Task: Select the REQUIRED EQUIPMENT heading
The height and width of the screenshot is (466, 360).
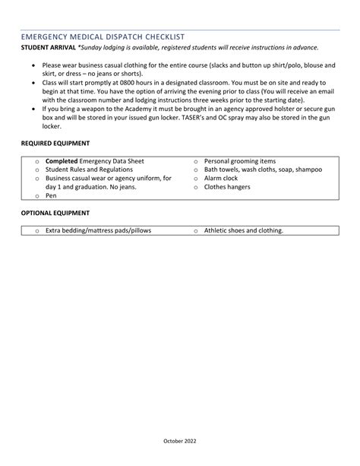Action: click(55, 143)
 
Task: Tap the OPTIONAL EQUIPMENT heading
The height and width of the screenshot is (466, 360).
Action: click(55, 213)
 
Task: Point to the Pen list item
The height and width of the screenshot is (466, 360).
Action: click(51, 195)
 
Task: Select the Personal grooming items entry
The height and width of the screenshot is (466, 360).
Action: click(240, 161)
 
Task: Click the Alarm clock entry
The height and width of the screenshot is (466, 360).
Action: click(221, 178)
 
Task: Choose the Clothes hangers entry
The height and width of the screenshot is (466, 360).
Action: click(227, 187)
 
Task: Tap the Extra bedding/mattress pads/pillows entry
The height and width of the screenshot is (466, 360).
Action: click(98, 230)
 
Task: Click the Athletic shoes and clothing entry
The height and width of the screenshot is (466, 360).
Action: click(243, 230)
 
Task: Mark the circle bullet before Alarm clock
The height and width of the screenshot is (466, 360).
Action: click(196, 179)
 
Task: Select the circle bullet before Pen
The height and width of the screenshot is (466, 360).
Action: click(37, 196)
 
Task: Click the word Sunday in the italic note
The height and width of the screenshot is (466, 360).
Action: click(96, 47)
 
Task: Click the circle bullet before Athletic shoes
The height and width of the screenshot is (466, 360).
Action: click(196, 231)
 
